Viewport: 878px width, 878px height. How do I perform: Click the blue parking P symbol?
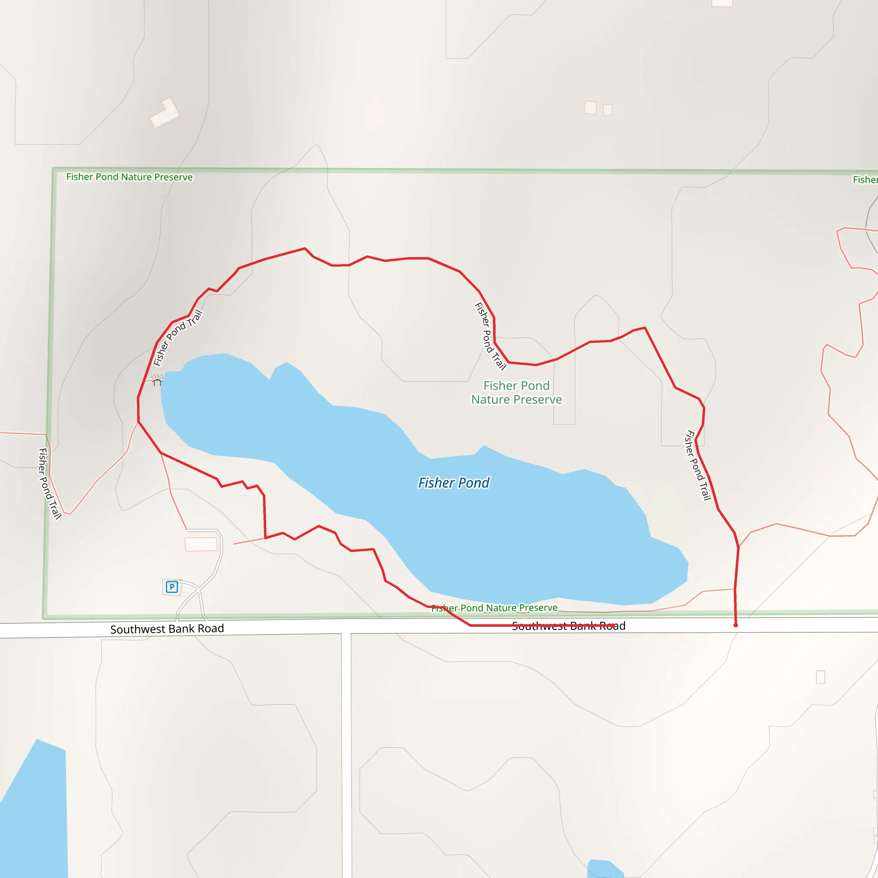coord(171,587)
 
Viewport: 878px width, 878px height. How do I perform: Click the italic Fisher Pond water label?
coord(454,483)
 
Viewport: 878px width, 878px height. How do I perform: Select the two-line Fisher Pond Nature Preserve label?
coord(516,393)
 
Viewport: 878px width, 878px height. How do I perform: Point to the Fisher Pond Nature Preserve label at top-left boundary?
coord(129,177)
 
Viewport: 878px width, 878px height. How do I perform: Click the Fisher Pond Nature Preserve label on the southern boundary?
coord(494,608)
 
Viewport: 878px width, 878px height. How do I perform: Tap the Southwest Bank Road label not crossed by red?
coord(167,629)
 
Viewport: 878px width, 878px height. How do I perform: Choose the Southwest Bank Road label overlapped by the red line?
coord(568,626)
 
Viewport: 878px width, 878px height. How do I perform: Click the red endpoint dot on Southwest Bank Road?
coord(736,625)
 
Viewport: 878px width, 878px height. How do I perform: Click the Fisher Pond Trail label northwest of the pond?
coord(177,338)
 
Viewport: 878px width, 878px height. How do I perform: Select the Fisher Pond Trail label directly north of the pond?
coord(490,336)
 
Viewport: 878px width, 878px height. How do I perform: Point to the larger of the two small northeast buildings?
coord(590,108)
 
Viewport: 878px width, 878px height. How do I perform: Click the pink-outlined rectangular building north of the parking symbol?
coord(201,544)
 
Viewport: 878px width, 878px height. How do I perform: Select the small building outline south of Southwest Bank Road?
coord(821,677)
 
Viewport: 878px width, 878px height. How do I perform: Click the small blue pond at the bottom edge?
coord(604,869)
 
